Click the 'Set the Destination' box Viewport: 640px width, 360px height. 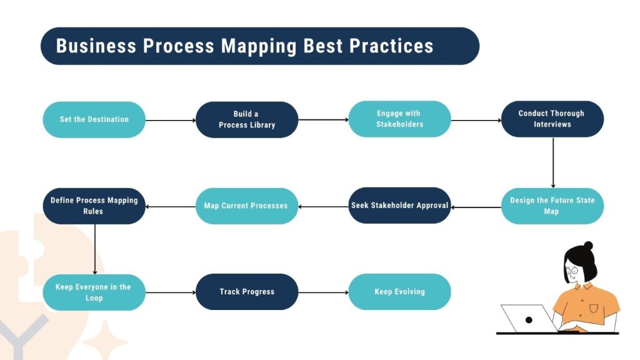[94, 119]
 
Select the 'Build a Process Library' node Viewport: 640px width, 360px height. [247, 119]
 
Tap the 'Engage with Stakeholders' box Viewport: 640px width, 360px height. [399, 119]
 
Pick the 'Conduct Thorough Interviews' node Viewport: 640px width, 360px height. [552, 119]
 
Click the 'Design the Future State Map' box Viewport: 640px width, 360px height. [552, 206]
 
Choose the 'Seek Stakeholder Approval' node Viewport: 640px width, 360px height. [399, 206]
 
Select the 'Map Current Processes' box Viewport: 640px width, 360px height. [247, 206]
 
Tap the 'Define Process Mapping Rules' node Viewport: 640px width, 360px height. [94, 206]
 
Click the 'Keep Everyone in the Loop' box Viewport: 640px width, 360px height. [94, 292]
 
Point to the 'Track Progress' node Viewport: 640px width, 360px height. [247, 292]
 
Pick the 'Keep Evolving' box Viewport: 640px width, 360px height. [399, 292]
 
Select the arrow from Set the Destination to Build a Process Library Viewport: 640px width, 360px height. [171, 120]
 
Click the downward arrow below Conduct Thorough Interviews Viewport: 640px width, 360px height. [552, 162]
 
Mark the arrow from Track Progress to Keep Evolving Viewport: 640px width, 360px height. [323, 292]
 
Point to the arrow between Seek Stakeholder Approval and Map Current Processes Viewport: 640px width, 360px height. [323, 206]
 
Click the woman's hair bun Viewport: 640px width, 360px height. [587, 246]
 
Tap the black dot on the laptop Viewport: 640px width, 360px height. [529, 320]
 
